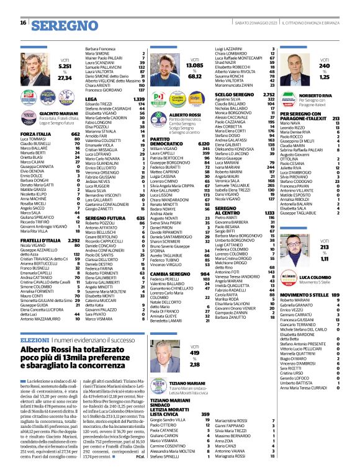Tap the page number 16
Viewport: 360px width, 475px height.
click(x=23, y=23)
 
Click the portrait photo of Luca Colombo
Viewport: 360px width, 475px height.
click(x=294, y=267)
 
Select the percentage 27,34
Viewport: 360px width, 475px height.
click(x=65, y=78)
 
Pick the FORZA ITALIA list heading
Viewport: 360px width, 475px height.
click(x=35, y=133)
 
